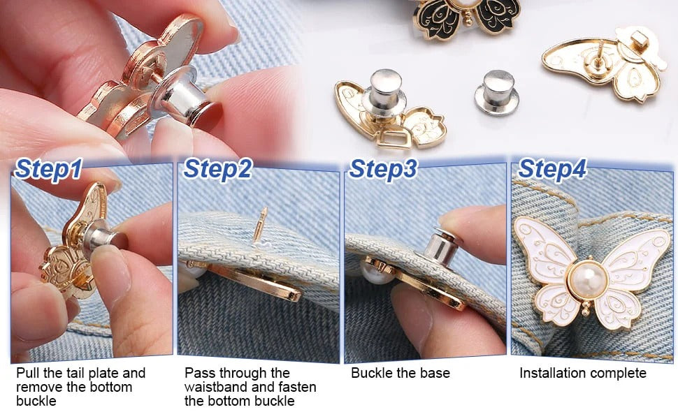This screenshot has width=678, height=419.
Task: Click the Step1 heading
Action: (50, 169)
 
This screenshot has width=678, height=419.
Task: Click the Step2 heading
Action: (217, 169)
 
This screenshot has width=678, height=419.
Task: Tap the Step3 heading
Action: (384, 169)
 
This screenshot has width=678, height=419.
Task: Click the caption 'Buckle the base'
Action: (391, 374)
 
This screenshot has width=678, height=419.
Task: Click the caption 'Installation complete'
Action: (583, 374)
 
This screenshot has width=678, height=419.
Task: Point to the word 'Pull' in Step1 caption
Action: (28, 374)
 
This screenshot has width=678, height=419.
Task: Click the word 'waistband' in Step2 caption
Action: (214, 387)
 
